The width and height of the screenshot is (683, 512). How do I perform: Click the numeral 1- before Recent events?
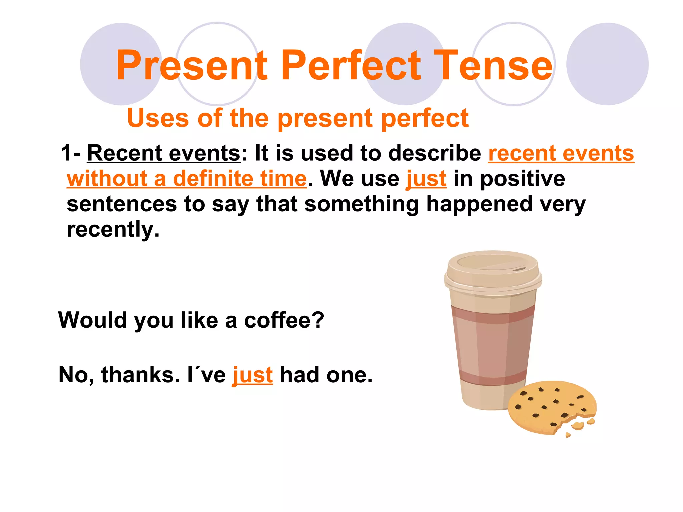click(x=70, y=153)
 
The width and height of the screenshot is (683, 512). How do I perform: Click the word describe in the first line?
click(x=435, y=153)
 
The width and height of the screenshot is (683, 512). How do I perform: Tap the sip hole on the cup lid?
click(x=519, y=269)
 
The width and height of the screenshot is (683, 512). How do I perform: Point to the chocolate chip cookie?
click(x=547, y=407)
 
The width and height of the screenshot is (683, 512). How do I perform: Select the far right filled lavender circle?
click(x=607, y=64)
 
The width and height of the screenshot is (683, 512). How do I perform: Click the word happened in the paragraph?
click(x=479, y=204)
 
